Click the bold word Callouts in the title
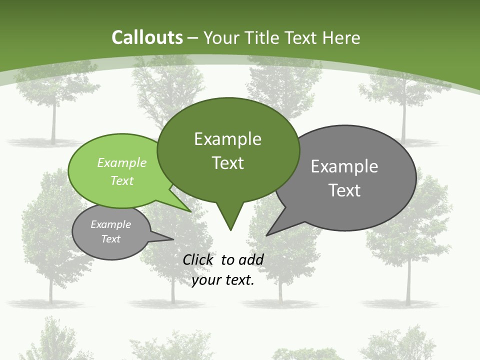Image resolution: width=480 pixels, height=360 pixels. click(147, 37)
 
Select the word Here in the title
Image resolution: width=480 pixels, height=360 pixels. click(341, 37)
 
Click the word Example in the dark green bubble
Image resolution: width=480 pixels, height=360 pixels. click(227, 139)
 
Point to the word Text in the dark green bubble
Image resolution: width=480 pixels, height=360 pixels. click(227, 163)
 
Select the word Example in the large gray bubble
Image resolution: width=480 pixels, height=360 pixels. click(344, 166)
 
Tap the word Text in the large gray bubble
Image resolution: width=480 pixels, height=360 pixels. click(344, 190)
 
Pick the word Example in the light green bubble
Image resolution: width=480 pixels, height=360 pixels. click(122, 162)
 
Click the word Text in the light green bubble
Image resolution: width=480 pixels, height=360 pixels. click(122, 180)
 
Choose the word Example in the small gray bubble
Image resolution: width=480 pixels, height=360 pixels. click(111, 224)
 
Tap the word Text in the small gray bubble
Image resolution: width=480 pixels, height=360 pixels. click(111, 239)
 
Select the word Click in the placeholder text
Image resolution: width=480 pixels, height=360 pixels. click(198, 259)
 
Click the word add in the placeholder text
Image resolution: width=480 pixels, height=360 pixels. click(251, 259)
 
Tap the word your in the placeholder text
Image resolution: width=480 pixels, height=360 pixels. click(205, 280)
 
